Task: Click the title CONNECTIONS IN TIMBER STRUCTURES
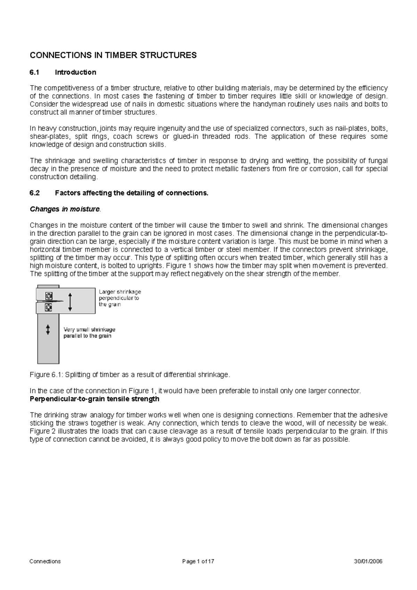pos(113,55)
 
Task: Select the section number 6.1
pos(35,72)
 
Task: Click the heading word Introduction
pos(75,72)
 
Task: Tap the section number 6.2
pos(35,193)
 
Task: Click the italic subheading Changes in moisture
pos(65,209)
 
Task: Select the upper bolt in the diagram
pos(49,296)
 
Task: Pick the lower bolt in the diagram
pos(49,307)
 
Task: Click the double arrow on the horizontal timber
pos(70,301)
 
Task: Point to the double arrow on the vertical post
pos(48,329)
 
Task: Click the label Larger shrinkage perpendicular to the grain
pos(120,298)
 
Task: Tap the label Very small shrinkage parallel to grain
pos(89,333)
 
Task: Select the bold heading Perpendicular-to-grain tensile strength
pos(95,399)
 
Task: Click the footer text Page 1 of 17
pos(198,561)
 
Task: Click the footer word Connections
pos(45,561)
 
